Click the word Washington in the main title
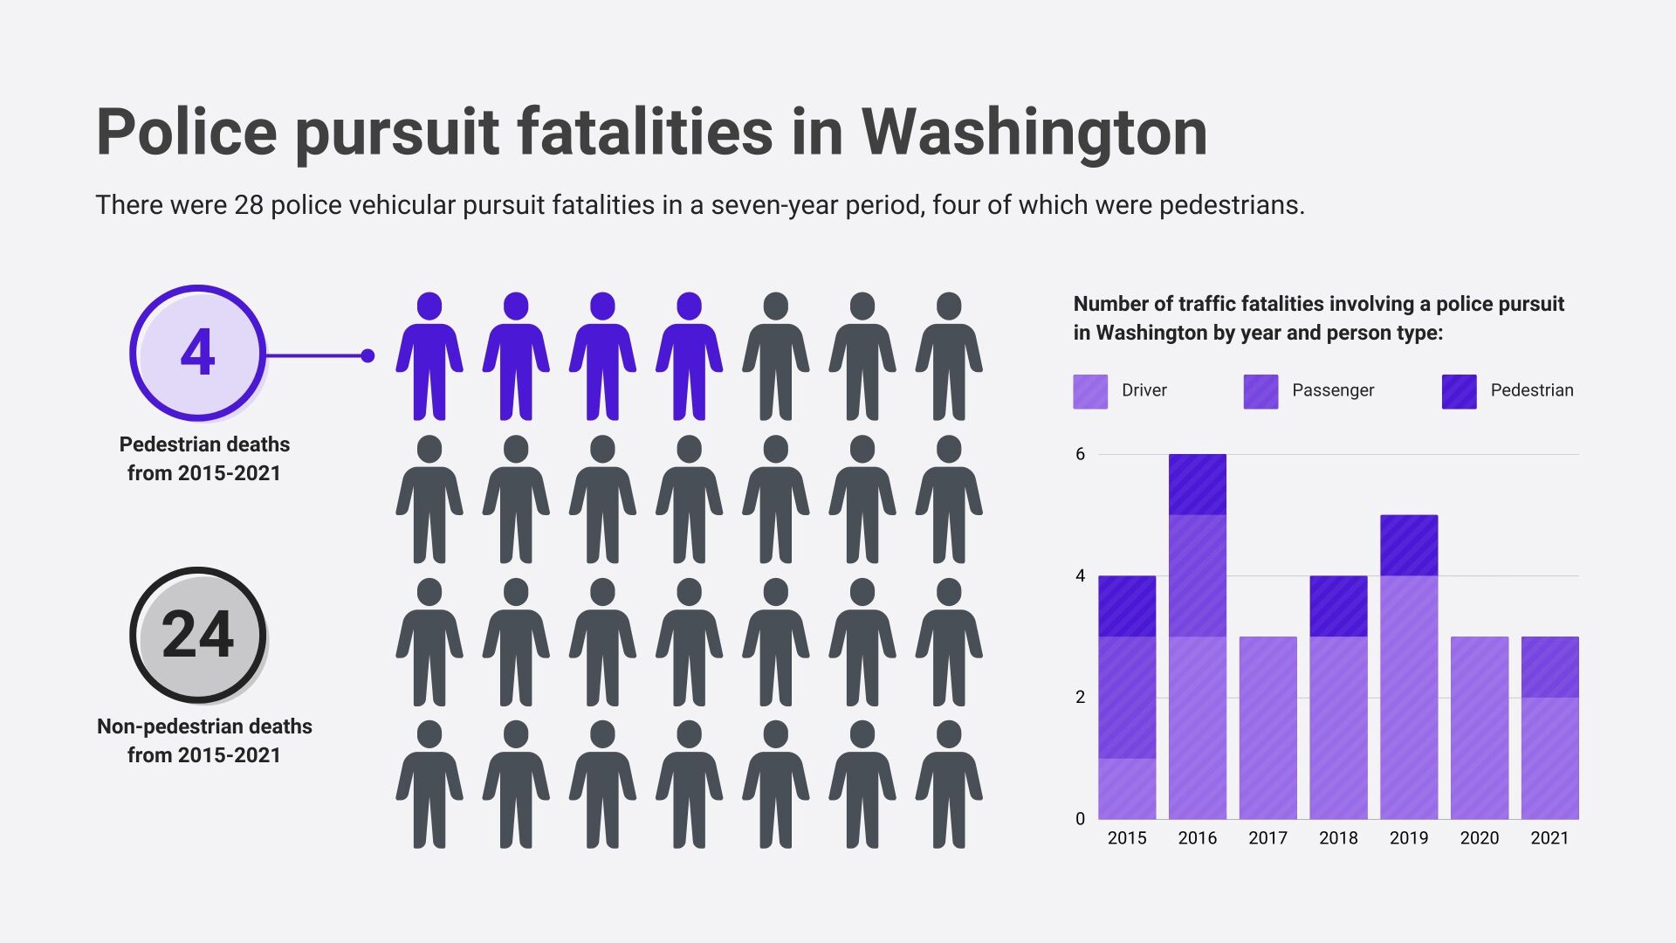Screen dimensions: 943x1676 point(1034,133)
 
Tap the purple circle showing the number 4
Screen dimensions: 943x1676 point(197,353)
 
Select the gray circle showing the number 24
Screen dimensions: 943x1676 point(197,635)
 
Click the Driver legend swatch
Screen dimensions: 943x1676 point(1090,391)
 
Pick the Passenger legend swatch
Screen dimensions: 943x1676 point(1260,391)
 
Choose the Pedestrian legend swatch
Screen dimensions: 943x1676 point(1459,391)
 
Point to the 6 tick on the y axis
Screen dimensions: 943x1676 point(1081,454)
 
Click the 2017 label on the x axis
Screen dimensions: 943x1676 point(1267,838)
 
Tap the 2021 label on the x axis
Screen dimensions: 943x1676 point(1549,838)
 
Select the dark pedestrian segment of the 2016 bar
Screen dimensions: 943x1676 point(1197,485)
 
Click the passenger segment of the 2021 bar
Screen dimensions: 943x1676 point(1549,667)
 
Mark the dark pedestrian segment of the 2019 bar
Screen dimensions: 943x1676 point(1409,546)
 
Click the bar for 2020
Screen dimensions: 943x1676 point(1479,728)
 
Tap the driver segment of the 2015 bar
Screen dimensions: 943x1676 point(1127,788)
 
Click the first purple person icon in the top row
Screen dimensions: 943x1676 point(429,356)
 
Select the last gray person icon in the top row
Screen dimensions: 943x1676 point(948,356)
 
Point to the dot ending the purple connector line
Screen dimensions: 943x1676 point(367,355)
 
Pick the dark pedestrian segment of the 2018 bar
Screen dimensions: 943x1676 point(1338,606)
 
